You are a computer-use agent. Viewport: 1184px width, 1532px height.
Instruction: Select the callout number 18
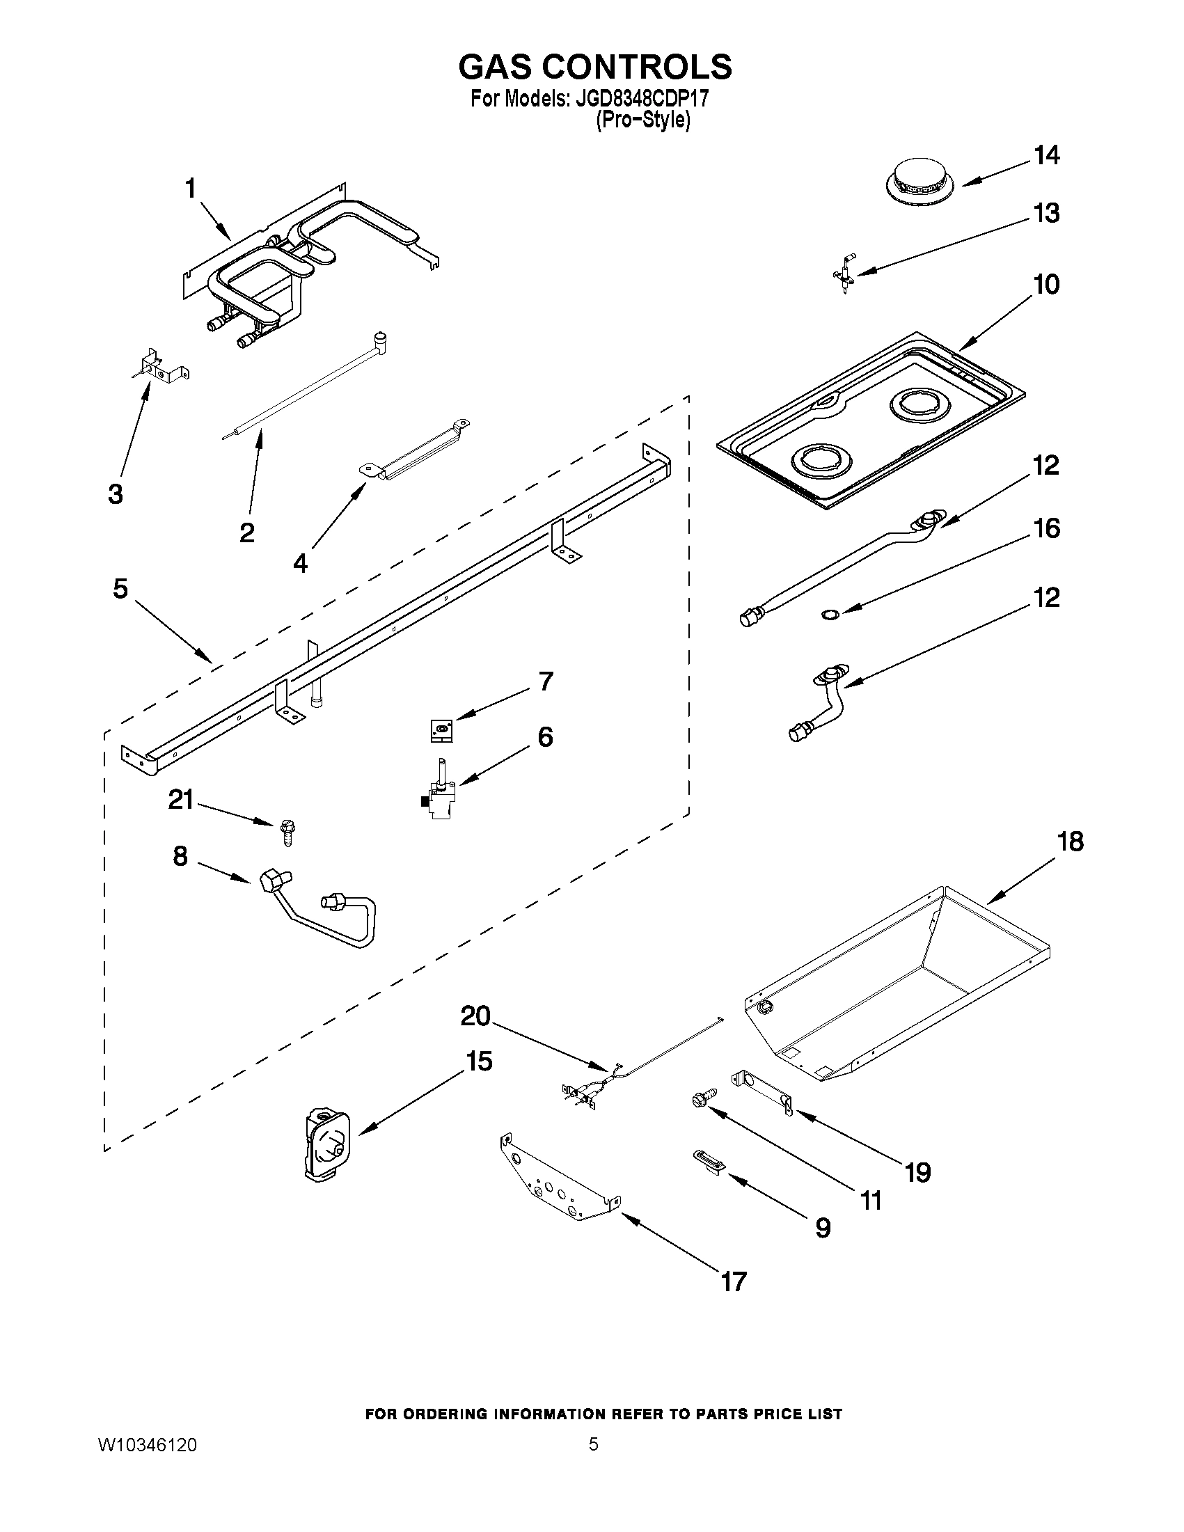1070,841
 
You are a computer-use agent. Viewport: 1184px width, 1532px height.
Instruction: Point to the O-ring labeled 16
829,615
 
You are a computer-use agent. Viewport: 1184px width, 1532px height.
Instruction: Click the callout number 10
1045,285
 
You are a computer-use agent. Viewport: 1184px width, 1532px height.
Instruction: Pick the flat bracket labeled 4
414,450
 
